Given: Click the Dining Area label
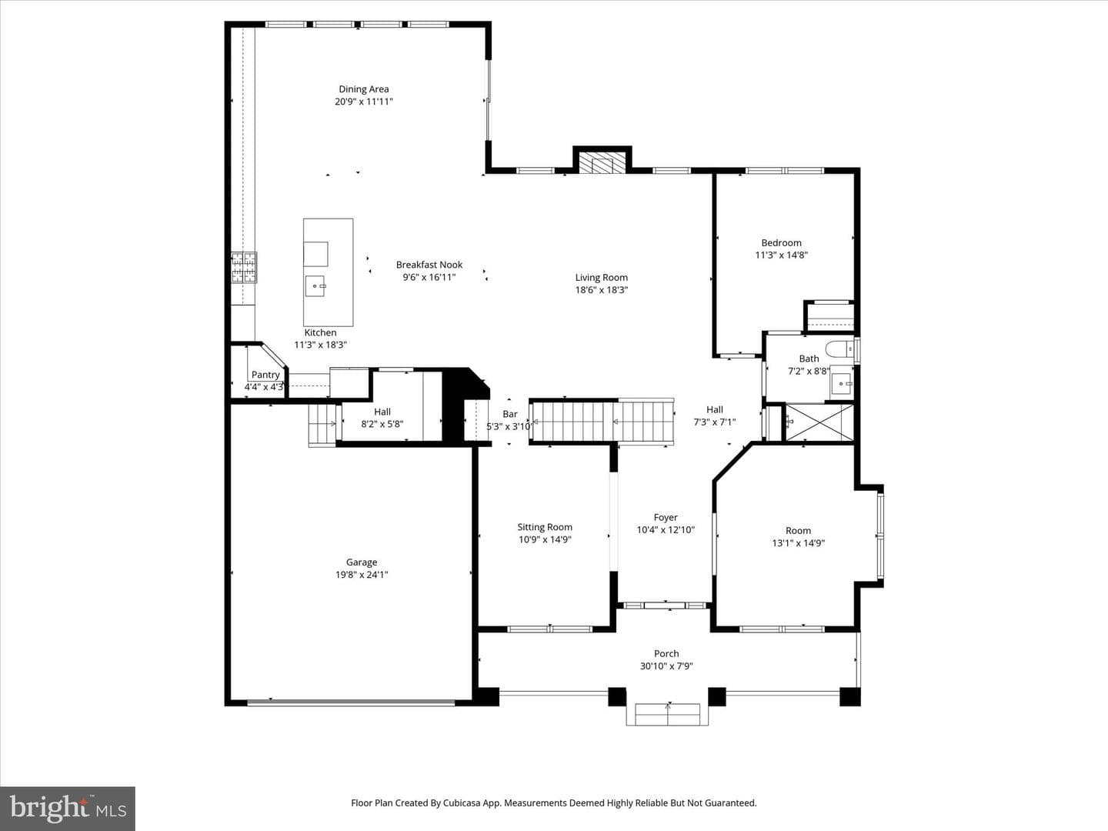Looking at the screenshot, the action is [363, 89].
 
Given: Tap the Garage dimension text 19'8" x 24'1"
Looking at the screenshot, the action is [362, 574].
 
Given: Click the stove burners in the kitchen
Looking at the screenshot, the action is [244, 267].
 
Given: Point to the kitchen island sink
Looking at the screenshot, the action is [315, 286].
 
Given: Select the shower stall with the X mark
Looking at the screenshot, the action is [819, 422].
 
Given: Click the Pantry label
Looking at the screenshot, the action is [265, 375].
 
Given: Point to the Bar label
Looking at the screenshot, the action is [510, 414].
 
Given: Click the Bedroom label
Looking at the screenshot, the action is [782, 242].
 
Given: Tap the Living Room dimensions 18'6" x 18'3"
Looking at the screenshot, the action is [602, 289].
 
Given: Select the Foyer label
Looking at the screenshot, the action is [666, 517].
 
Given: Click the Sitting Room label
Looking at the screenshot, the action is [545, 527].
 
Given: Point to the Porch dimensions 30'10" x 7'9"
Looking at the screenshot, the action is [666, 666].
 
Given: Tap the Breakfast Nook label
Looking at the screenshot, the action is [429, 265].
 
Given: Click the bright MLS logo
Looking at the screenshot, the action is [68, 809].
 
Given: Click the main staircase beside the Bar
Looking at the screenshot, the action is [602, 422].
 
